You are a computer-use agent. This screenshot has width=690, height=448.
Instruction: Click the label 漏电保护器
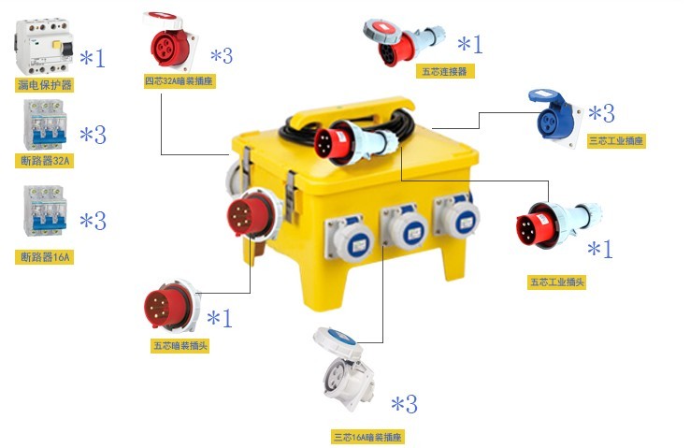tap(45, 84)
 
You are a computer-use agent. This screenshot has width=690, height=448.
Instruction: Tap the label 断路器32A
tap(45, 161)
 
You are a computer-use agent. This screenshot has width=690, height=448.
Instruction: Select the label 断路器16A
tap(45, 256)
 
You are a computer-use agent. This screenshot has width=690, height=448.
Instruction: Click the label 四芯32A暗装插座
tap(180, 81)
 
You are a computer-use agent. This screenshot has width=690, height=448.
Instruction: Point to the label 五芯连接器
tap(445, 71)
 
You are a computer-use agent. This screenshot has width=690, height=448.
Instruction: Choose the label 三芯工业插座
tap(616, 141)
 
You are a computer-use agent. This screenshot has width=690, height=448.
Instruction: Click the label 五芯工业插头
tap(556, 282)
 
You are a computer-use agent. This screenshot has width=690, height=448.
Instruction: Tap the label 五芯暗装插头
tap(180, 345)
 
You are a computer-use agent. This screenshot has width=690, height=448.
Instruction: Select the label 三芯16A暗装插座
tap(367, 437)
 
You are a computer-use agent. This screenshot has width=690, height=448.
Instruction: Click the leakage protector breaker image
tap(44, 47)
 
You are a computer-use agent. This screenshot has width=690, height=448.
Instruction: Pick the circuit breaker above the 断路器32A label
tap(45, 124)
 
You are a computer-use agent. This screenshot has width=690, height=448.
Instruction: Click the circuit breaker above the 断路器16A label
tap(45, 210)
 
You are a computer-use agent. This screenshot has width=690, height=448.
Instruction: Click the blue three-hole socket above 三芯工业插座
tap(554, 117)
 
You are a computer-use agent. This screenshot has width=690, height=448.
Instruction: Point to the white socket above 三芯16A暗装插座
tap(344, 369)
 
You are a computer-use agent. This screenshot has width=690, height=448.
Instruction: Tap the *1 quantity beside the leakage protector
tap(93, 58)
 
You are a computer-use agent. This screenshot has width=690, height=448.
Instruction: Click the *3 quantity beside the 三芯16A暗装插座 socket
tap(405, 403)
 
